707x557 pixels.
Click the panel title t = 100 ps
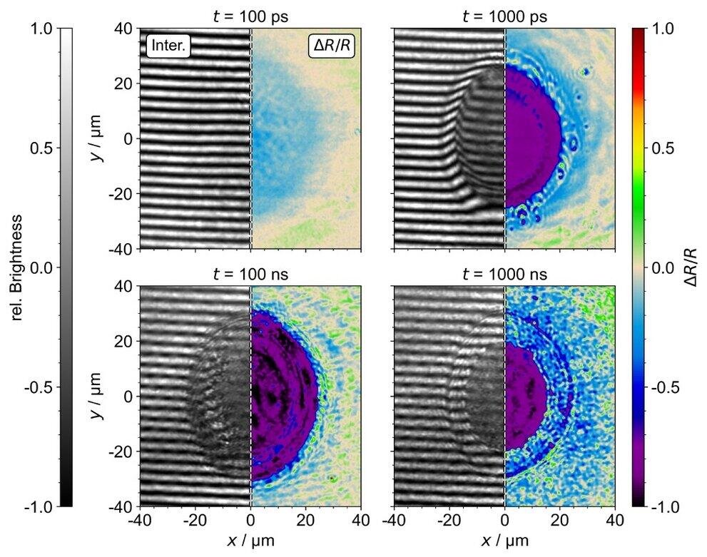[250, 16]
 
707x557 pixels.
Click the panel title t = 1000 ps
[504, 16]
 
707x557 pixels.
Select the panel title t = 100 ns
[250, 274]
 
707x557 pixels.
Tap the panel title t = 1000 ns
[504, 274]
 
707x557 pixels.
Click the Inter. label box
[168, 46]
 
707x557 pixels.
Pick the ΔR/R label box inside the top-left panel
[332, 46]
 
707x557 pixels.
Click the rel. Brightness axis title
[16, 267]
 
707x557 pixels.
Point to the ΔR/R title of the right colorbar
[691, 267]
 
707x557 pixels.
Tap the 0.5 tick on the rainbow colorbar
[663, 148]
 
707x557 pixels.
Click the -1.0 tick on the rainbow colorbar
[665, 506]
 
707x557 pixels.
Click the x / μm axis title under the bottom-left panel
[250, 540]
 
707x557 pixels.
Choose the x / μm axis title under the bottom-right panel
[504, 540]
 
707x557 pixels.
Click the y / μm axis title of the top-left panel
[97, 138]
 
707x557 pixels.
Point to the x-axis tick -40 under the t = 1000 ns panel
[395, 520]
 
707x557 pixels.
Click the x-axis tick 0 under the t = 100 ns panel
[250, 520]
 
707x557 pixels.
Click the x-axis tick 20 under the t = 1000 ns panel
[560, 520]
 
